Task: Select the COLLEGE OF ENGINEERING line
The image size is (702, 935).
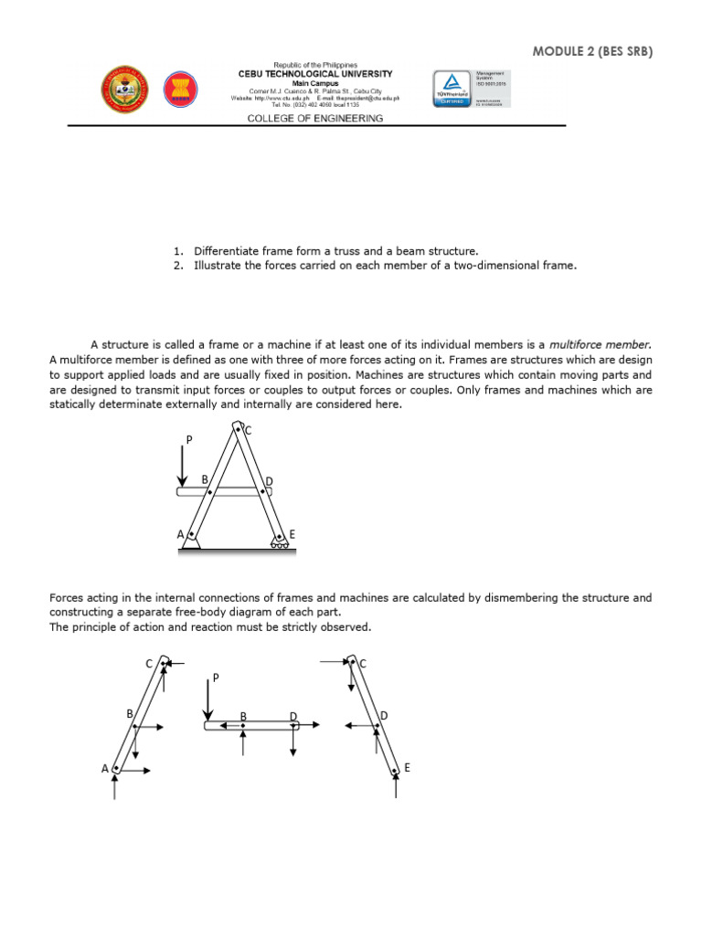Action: coord(314,119)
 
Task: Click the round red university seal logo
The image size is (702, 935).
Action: coord(124,89)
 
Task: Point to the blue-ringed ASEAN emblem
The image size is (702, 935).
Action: coord(180,89)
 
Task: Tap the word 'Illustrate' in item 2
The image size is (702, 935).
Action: coord(217,266)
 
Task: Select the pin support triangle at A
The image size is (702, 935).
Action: coord(191,545)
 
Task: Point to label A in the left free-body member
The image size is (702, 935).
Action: coord(105,769)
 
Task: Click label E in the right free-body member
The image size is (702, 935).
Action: coord(407,769)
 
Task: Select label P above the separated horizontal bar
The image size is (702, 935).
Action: coord(216,678)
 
